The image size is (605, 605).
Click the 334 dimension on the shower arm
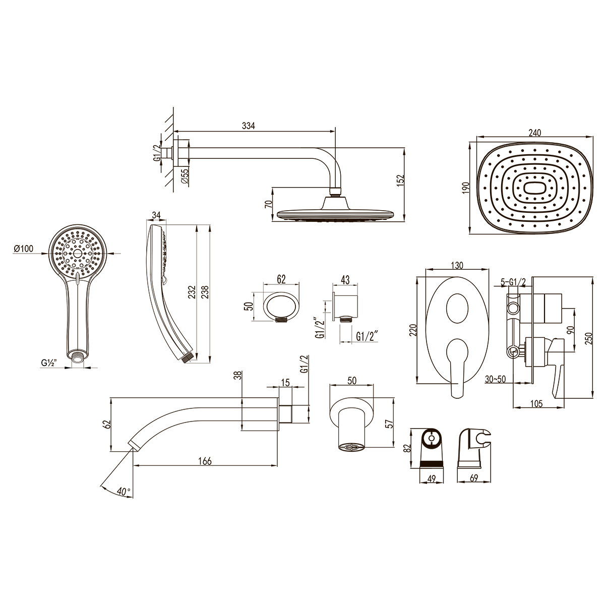tap(249, 126)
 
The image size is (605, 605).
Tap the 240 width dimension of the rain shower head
tap(535, 133)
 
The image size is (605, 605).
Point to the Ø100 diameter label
tap(24, 249)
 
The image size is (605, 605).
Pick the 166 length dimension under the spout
tap(205, 461)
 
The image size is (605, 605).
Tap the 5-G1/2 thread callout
tap(513, 282)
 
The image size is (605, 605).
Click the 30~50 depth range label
tap(495, 379)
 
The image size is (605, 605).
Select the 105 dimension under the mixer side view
tap(536, 403)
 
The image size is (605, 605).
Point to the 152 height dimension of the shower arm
tap(401, 181)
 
